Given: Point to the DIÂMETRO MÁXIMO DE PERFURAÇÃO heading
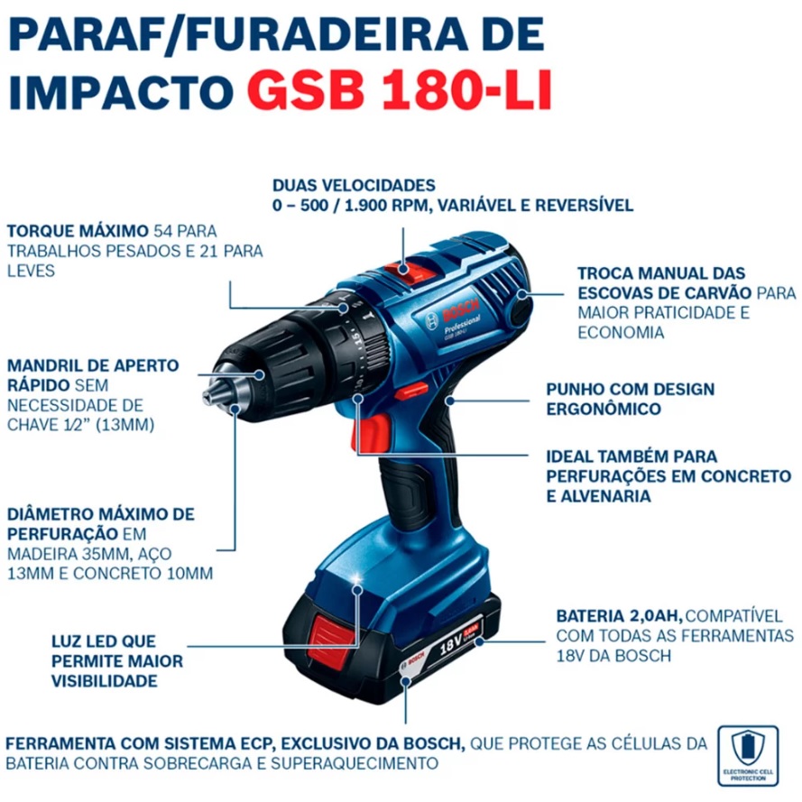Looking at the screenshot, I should [x=99, y=523].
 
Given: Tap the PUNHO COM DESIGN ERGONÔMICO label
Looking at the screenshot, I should [x=630, y=399].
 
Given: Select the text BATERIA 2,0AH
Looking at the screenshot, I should [x=618, y=616].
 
